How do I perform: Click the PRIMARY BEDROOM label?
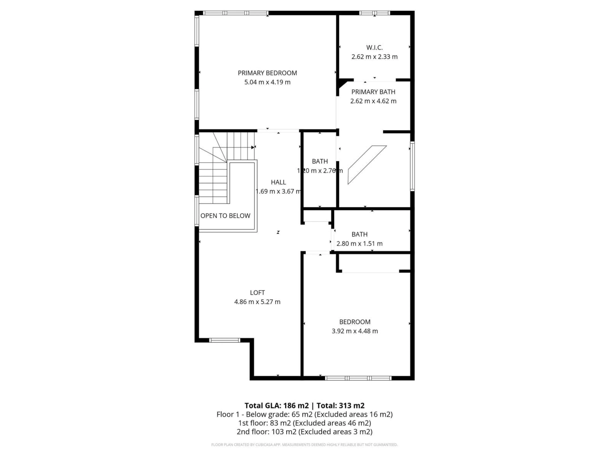pos(267,73)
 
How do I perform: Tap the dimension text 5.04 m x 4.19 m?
pos(267,82)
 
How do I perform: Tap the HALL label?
pos(278,182)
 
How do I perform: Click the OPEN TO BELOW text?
pos(225,216)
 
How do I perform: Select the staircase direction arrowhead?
pos(253,147)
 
